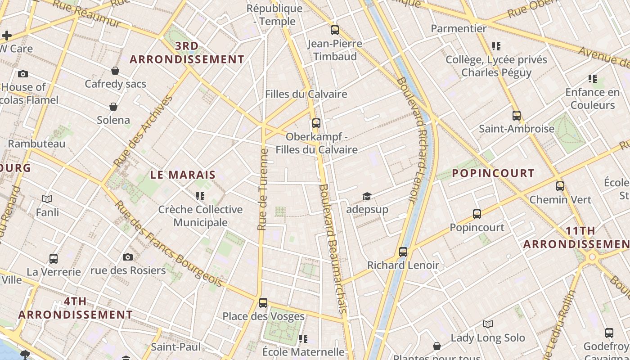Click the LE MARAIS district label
183,175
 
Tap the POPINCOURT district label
493,173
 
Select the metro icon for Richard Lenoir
403,252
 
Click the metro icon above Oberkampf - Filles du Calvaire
316,123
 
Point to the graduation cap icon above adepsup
367,197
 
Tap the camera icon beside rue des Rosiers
128,257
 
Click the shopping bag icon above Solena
113,107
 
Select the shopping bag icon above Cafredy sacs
115,71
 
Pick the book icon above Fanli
47,198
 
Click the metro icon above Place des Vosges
263,303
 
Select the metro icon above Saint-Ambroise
516,116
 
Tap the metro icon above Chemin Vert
560,186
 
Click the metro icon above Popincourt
477,214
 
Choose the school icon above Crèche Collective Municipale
200,196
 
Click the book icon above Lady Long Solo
488,324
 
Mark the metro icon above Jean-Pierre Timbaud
335,31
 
